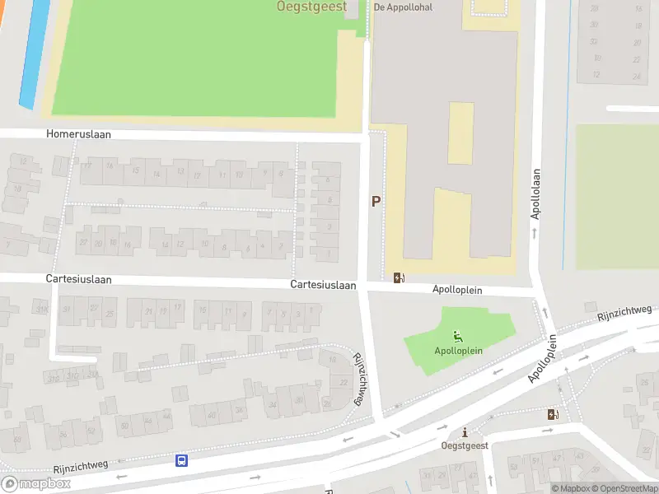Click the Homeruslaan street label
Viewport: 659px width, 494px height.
(x=78, y=134)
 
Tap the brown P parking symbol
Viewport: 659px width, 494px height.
(x=376, y=201)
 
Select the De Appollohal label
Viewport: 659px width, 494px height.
(x=403, y=7)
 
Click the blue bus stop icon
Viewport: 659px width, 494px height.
(x=181, y=460)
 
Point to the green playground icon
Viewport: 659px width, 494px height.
(x=457, y=336)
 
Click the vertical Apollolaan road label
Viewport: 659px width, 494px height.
(x=535, y=193)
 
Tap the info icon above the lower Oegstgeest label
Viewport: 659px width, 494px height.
(x=465, y=432)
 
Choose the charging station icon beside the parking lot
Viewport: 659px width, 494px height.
(x=400, y=277)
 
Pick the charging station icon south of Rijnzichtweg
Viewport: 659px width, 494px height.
(x=551, y=414)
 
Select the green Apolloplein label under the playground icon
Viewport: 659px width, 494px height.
(x=458, y=350)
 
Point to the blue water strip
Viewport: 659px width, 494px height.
(x=35, y=54)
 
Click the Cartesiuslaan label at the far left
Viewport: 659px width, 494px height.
(x=78, y=279)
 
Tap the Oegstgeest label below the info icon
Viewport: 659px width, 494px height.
(x=465, y=445)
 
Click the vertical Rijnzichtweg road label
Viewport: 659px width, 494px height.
(x=359, y=379)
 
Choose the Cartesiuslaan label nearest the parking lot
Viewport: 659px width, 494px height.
(x=323, y=285)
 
